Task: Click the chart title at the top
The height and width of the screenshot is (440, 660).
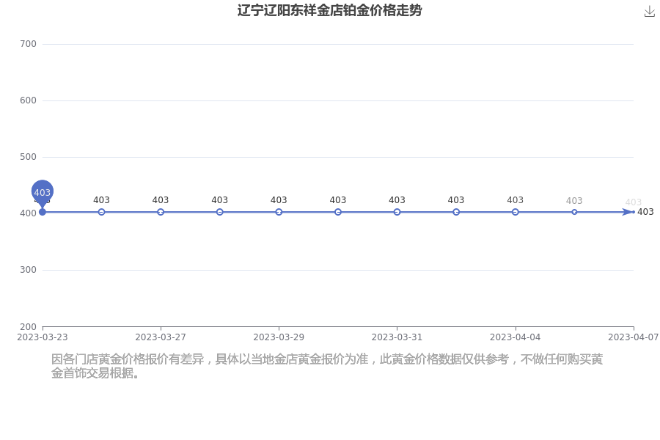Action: tap(329, 10)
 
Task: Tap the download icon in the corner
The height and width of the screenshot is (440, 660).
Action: tap(650, 12)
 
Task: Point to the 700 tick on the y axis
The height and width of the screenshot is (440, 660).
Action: tap(28, 44)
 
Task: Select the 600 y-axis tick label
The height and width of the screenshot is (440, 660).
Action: tap(28, 100)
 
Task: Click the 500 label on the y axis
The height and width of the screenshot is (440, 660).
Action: tap(28, 157)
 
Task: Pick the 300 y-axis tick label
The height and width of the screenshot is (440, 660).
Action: tap(28, 269)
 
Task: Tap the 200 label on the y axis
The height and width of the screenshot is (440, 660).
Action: tap(28, 327)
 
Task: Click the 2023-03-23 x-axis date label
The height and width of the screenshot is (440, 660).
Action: tap(42, 337)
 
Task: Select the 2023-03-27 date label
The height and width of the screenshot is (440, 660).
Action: tap(161, 337)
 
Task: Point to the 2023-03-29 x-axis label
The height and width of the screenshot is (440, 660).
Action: tap(279, 337)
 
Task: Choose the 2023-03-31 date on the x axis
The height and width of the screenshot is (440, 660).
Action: tap(397, 337)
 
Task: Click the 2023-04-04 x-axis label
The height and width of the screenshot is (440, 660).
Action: tap(516, 337)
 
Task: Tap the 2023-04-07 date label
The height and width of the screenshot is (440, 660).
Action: tap(633, 337)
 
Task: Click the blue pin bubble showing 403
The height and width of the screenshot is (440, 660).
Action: tap(42, 192)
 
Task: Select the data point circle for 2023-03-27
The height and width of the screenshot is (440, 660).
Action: tap(161, 212)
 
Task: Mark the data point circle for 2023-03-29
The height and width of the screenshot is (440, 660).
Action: tap(279, 212)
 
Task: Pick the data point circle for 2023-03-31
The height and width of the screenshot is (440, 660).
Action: tap(397, 212)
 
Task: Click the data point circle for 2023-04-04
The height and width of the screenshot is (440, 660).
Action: tap(516, 212)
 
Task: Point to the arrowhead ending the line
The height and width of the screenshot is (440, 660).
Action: tap(628, 212)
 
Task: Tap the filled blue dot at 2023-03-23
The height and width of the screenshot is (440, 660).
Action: tap(42, 212)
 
